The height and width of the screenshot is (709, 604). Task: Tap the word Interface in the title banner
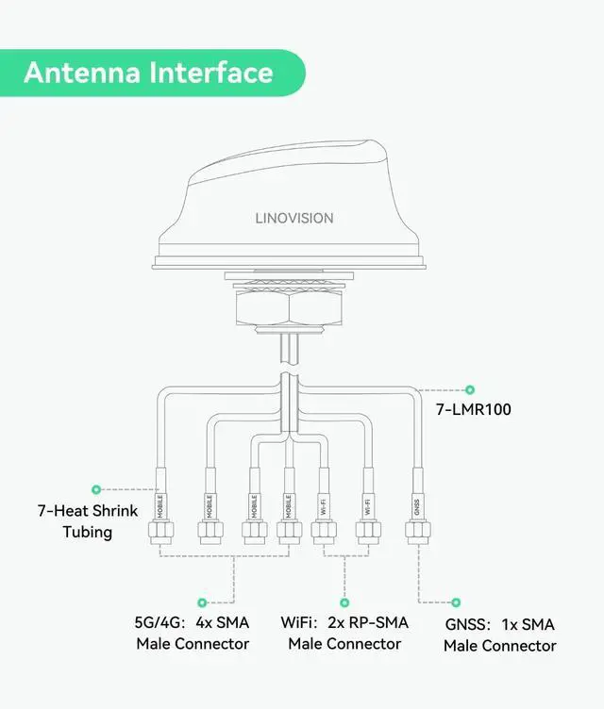coord(213,73)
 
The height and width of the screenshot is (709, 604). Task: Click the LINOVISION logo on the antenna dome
coord(294,218)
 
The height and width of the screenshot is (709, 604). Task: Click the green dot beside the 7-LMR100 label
coord(470,388)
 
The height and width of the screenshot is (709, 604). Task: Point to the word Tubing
coord(88,532)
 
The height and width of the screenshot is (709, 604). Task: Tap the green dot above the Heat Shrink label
coord(96,489)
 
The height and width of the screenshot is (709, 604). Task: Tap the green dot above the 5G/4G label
coord(201,602)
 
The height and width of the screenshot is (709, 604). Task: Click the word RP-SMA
coord(378,623)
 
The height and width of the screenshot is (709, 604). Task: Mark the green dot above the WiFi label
coord(344,602)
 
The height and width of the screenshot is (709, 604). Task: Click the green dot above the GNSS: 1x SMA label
coord(457,602)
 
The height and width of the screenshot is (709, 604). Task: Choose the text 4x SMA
coord(222,623)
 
